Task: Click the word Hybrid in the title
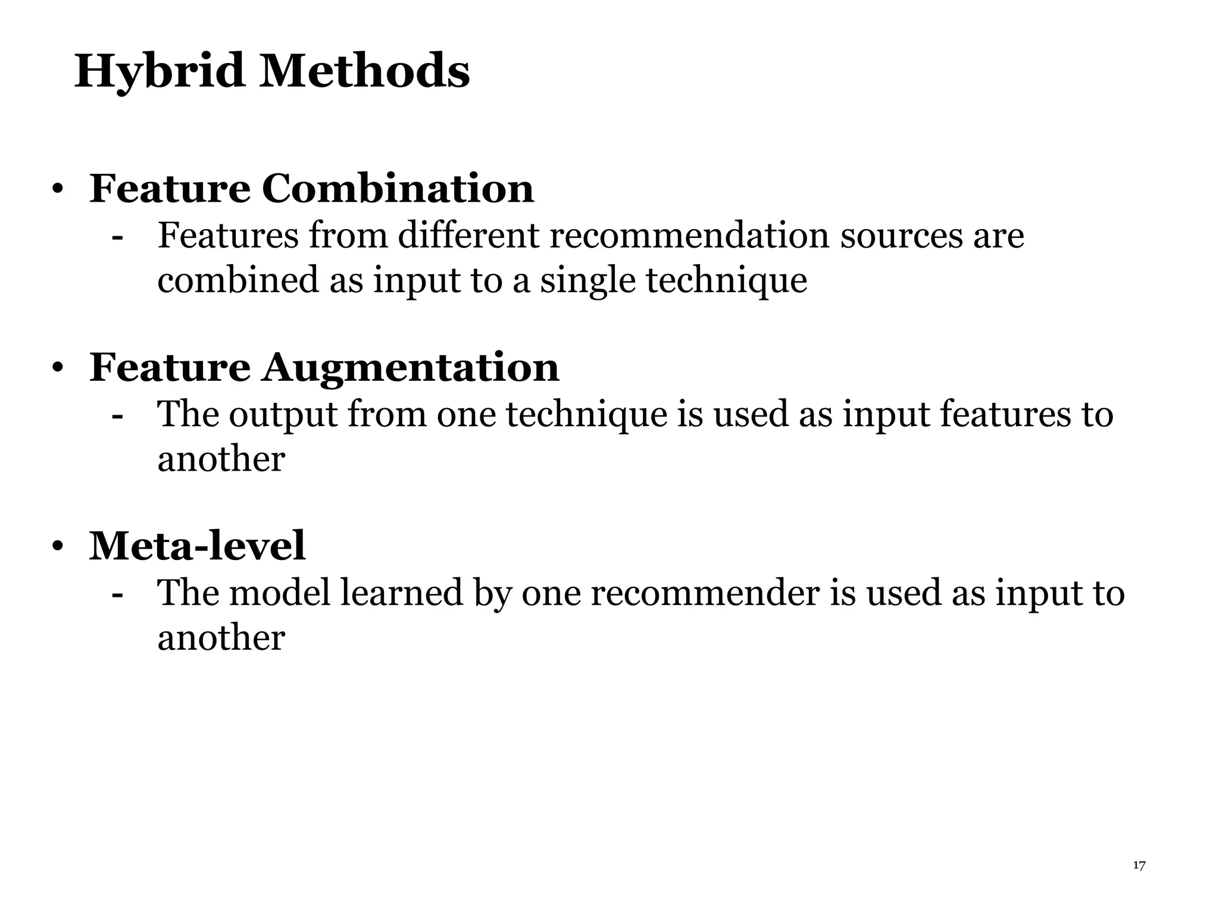coord(159,71)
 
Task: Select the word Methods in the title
coord(364,71)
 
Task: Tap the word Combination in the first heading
coord(397,189)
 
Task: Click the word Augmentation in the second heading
coord(410,367)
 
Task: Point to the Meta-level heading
coord(197,546)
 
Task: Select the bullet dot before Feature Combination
coord(57,190)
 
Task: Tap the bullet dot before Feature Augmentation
coord(57,368)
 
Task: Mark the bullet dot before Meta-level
coord(57,547)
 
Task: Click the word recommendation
coord(689,235)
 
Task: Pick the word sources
coord(901,236)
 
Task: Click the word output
coord(283,415)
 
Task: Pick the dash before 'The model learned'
coord(117,594)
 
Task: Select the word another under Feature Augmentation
coord(221,459)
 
